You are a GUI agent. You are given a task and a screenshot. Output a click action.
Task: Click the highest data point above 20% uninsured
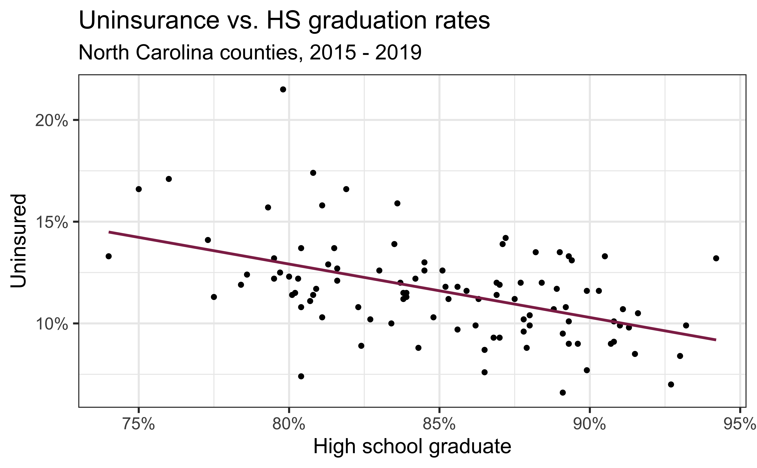283,89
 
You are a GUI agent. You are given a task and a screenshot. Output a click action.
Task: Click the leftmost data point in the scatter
109,256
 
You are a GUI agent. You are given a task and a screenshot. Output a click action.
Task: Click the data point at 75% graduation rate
139,189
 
